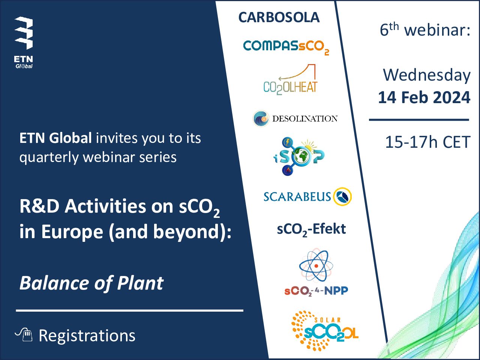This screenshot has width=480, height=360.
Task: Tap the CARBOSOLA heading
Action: [x=279, y=18]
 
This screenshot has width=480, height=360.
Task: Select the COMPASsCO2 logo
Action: [x=286, y=47]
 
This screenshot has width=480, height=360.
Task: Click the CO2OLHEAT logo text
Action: [x=290, y=87]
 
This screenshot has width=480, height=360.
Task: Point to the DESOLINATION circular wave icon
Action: [x=261, y=118]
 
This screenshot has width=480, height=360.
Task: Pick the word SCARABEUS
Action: [x=297, y=196]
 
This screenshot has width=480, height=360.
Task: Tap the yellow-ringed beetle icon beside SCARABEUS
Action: [x=342, y=196]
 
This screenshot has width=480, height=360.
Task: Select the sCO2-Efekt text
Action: [x=311, y=230]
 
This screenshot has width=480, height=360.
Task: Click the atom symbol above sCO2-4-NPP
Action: [x=316, y=265]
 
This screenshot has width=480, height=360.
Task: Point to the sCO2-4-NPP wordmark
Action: [x=316, y=291]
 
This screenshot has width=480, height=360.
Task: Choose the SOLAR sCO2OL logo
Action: [x=324, y=331]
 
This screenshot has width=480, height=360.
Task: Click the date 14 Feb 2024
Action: [x=424, y=97]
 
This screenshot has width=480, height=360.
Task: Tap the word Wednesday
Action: [x=427, y=75]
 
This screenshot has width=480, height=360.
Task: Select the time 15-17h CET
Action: [x=428, y=142]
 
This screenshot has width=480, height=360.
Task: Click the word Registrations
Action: [x=87, y=336]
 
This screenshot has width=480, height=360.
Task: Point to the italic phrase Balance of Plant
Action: [x=91, y=283]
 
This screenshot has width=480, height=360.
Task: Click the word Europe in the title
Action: [x=72, y=232]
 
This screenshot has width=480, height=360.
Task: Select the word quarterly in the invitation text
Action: [x=49, y=158]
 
